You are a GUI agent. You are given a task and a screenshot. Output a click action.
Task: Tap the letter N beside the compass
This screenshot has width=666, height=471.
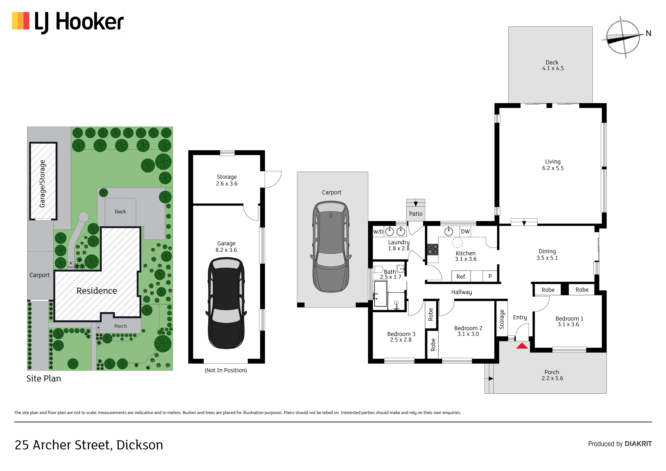[649, 33]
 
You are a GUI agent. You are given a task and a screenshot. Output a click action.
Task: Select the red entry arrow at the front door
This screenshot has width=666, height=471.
[522, 346]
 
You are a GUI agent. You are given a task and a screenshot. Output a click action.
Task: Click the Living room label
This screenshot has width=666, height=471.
[553, 165]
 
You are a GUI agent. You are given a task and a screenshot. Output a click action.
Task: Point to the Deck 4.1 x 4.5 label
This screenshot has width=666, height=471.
[553, 65]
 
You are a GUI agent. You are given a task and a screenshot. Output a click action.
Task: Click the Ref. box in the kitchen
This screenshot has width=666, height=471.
[461, 276]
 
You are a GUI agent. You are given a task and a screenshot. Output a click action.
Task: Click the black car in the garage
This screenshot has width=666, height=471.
[226, 303]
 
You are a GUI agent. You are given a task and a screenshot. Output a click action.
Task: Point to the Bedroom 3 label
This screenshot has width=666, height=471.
[401, 337]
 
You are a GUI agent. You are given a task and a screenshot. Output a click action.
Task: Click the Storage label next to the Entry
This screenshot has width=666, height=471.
[502, 319]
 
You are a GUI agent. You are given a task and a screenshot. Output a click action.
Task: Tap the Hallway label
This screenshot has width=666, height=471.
[462, 292]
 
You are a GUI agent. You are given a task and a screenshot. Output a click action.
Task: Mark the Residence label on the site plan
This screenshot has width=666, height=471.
[97, 291]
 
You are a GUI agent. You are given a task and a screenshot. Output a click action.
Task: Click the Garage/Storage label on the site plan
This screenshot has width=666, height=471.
[42, 184]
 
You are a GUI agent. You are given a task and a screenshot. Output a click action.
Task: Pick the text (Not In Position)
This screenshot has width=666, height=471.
[226, 370]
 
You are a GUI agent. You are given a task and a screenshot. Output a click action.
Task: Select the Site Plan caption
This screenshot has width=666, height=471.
[44, 379]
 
